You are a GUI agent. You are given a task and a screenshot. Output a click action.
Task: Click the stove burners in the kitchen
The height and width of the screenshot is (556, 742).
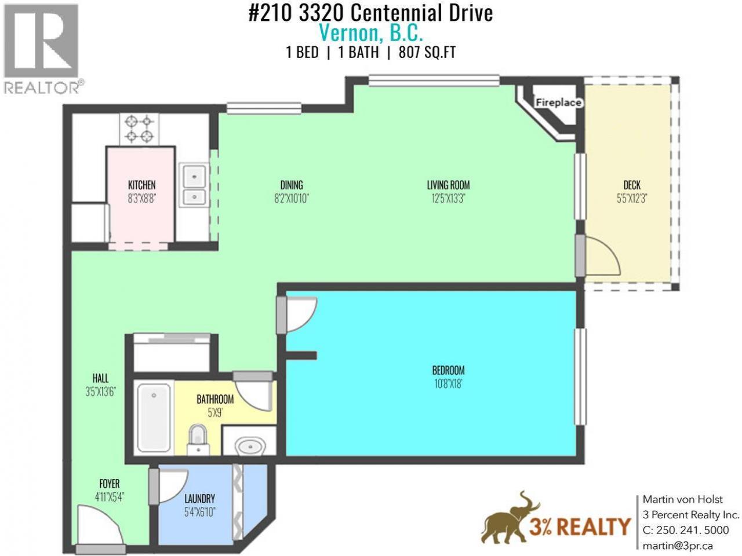(139, 129)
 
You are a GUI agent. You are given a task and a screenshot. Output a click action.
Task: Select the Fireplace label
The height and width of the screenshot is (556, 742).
(558, 103)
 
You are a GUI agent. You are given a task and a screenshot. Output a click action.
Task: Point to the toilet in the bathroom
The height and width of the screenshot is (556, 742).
(198, 439)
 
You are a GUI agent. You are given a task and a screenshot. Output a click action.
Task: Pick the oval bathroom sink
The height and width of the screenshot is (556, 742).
(251, 447)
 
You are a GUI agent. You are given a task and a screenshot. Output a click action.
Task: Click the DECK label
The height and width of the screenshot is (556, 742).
(632, 185)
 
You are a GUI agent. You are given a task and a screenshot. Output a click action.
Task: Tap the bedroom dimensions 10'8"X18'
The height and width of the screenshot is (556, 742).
(448, 384)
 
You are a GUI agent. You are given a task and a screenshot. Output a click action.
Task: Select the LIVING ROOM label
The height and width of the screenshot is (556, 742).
(448, 185)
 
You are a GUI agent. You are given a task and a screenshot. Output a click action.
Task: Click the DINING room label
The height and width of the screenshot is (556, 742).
(292, 185)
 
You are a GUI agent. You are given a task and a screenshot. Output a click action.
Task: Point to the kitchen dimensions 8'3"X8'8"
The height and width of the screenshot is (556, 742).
(141, 199)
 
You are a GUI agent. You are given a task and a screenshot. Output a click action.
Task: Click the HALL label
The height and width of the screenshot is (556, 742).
(100, 378)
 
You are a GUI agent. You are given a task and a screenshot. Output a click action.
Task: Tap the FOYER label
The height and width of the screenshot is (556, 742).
(110, 484)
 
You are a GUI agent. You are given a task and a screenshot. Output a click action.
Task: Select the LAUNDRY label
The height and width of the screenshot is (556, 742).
(200, 499)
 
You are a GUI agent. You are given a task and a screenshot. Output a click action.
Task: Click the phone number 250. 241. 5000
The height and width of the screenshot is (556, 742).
(692, 530)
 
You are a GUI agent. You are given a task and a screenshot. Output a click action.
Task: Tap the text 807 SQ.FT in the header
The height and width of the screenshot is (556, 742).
(427, 53)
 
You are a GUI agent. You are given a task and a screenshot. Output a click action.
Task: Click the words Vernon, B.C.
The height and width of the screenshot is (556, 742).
(371, 33)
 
